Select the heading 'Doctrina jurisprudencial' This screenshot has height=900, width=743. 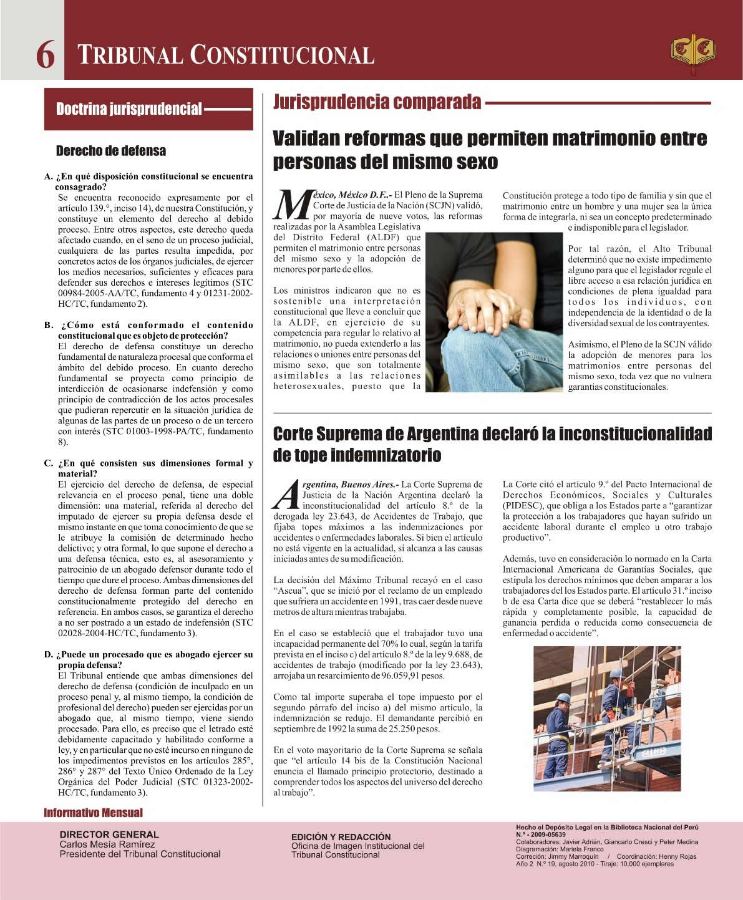[x=129, y=110]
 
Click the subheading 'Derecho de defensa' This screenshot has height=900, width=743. [x=111, y=151]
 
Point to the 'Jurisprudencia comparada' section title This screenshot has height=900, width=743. [x=377, y=102]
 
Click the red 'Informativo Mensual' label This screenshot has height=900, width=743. [x=93, y=813]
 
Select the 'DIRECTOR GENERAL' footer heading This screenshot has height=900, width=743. [x=109, y=835]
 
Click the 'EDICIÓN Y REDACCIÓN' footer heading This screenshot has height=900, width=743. [x=341, y=837]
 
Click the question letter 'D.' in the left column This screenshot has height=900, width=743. [x=49, y=655]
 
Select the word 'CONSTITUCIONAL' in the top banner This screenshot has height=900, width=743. [x=283, y=56]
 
